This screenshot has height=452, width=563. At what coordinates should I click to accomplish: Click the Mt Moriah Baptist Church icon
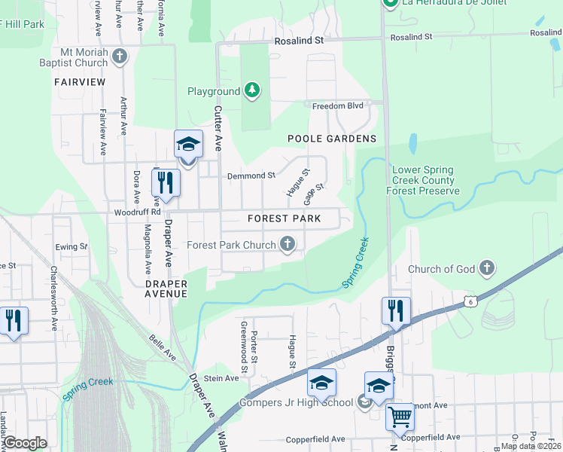tap(120, 56)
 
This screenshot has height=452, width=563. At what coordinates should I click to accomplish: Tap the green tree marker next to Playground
tap(252, 91)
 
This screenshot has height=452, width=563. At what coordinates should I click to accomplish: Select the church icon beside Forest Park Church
tap(287, 244)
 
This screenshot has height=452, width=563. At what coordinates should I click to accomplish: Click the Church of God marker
tap(487, 268)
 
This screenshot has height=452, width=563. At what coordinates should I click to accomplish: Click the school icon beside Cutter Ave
tap(188, 145)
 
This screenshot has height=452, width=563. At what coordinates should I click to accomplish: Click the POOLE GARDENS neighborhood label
tap(332, 139)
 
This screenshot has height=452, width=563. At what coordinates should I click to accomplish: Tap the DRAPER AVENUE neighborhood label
tap(166, 289)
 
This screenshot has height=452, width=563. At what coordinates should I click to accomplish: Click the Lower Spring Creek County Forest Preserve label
tap(423, 181)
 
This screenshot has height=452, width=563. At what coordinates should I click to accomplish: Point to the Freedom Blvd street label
tap(337, 106)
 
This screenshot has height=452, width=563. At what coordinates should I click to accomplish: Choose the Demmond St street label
tap(251, 176)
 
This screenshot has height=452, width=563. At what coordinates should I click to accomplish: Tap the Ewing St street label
tap(72, 246)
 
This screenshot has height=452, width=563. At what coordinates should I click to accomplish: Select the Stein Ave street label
tap(221, 378)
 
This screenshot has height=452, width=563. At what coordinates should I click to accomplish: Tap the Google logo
tap(25, 443)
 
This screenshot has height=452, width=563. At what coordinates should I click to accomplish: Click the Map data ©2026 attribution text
tap(531, 446)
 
